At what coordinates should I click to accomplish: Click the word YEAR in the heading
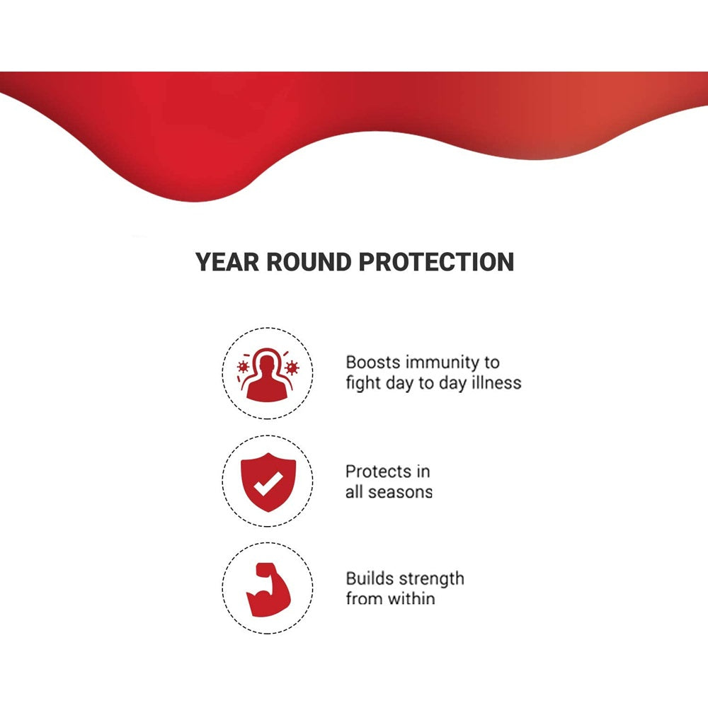(x=227, y=262)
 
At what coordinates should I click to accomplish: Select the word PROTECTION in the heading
(x=436, y=262)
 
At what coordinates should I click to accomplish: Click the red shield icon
(x=268, y=481)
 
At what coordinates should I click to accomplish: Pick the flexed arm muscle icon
(x=268, y=589)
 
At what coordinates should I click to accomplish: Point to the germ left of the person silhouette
(x=243, y=367)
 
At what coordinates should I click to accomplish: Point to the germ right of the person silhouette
(x=292, y=367)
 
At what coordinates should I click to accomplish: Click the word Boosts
(x=373, y=362)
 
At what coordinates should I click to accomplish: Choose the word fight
(x=361, y=383)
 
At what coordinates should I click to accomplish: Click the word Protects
(x=378, y=472)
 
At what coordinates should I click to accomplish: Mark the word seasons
(x=400, y=492)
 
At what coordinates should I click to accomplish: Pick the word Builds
(x=367, y=578)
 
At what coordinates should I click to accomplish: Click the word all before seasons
(x=354, y=492)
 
